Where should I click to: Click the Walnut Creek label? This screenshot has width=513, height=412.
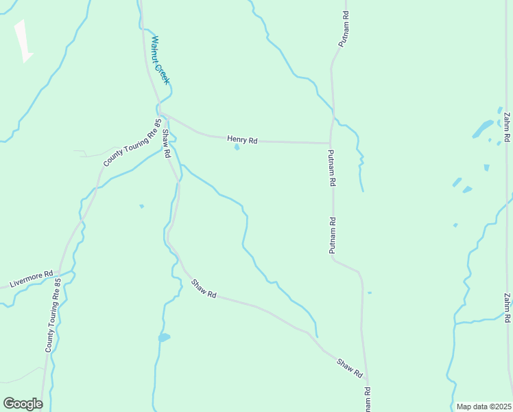tap(160, 60)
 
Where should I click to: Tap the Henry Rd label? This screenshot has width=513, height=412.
tap(242, 140)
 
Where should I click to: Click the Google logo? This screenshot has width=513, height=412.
tap(23, 403)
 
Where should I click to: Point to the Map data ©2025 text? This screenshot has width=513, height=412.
tap(484, 407)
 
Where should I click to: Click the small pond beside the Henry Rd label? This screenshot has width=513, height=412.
tap(237, 147)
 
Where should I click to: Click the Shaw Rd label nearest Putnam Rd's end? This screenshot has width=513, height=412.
tap(349, 368)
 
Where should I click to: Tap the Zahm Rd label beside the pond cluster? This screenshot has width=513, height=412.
tap(505, 127)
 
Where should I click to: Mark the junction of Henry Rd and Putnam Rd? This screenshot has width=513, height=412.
tap(331, 143)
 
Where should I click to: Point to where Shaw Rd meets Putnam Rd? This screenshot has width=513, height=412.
tap(367, 383)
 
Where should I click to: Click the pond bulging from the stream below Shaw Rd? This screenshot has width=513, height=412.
tap(164, 337)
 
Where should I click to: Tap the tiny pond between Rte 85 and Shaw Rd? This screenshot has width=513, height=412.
tap(142, 206)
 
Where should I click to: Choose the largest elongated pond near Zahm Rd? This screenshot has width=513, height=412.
tap(482, 128)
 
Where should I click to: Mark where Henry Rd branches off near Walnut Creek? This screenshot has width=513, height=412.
tap(161, 113)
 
